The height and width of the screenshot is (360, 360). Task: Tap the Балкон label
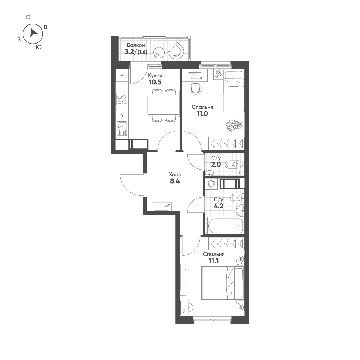(135, 45)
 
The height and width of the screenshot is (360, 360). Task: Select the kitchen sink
(122, 126)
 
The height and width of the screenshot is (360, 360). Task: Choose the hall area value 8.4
(175, 181)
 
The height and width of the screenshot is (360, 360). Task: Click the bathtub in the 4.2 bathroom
(225, 226)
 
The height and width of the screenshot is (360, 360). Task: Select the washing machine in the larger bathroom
(211, 184)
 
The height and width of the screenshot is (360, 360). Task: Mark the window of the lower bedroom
(212, 319)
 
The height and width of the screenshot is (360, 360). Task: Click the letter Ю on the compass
(39, 47)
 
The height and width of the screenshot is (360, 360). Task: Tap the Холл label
(175, 174)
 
